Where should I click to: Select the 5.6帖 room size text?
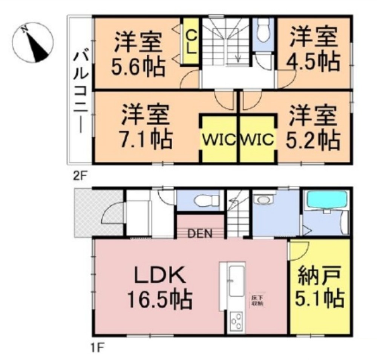[138, 68]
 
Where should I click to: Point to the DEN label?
[199, 233]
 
